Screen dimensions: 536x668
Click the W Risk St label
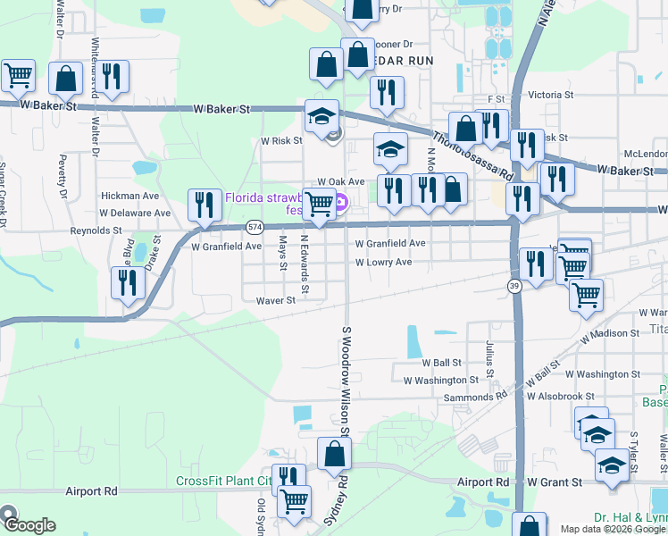coord(281,141)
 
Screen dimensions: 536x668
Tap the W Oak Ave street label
coord(341,181)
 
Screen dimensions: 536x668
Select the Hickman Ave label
coord(129,196)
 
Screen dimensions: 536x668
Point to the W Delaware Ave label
coord(135,214)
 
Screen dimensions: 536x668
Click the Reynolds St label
coord(96,230)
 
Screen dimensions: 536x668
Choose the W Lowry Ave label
coord(383,263)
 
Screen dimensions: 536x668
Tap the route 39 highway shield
coord(514,284)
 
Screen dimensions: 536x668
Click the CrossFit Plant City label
coord(223,481)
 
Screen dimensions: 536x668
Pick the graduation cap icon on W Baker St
coord(321,116)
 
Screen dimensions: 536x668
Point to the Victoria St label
coord(550,94)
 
